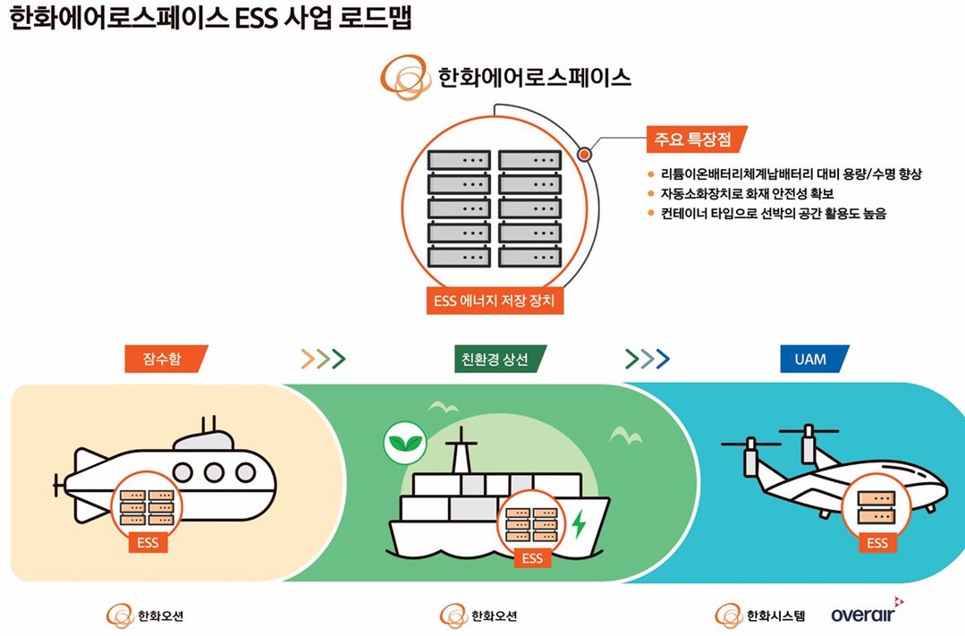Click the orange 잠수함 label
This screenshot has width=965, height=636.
pos(166,359)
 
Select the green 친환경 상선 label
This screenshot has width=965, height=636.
pos(501,359)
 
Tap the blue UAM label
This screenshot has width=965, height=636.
pos(815,359)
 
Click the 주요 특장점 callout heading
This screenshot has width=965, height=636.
pos(697,140)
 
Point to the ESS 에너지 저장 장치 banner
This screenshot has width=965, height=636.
pos(495,301)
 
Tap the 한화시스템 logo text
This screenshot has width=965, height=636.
pos(775,615)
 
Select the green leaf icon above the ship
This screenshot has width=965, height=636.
pos(405,442)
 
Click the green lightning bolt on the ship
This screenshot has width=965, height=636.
pos(579,524)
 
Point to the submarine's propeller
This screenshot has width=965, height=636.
pos(58,485)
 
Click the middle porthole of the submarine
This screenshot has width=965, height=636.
pos(214,473)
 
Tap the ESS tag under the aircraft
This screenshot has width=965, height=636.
pos(877,543)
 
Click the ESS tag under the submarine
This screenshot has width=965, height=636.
pos(148,543)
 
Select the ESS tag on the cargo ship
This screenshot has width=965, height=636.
pos(532,558)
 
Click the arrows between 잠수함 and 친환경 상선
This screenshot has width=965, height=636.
pos(323,359)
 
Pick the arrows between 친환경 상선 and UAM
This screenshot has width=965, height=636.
pos(647,359)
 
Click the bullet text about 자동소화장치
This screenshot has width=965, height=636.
pos(747,194)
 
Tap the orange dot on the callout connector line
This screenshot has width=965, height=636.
pos(584,154)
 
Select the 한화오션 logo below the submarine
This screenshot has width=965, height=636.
pos(145,615)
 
